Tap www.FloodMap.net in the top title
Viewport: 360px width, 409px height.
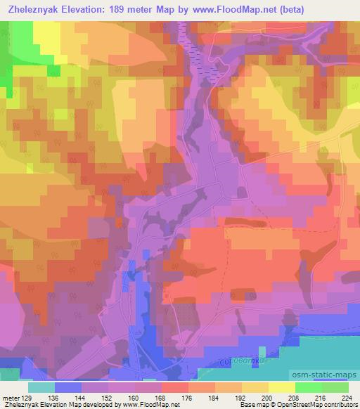255,10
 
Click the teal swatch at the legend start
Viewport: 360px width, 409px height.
41,387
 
